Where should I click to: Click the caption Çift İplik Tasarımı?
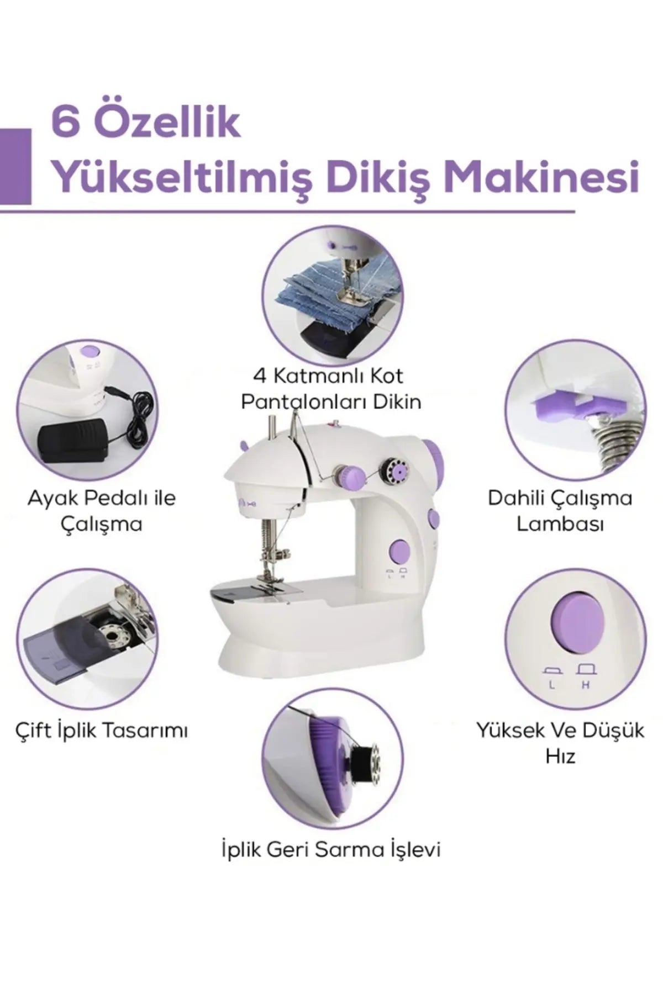click(101, 731)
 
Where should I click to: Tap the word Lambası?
click(560, 524)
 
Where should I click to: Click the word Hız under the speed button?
click(560, 756)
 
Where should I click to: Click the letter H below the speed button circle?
click(586, 685)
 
